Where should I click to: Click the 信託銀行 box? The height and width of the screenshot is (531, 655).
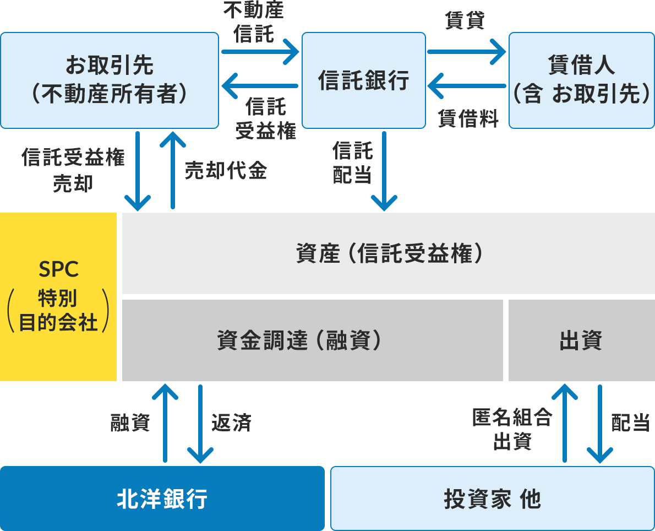[x=364, y=80]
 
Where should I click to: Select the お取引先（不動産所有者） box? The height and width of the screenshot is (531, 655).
[x=110, y=80]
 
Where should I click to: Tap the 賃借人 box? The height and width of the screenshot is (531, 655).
[x=581, y=80]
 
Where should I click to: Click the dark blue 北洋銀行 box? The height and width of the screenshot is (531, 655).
[x=162, y=499]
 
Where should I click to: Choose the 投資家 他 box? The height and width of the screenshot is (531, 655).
[x=492, y=499]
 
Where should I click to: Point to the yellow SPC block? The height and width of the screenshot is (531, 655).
[x=58, y=297]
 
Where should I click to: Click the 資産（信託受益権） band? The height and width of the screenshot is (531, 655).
[x=388, y=253]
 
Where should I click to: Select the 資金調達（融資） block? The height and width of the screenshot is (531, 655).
[x=312, y=340]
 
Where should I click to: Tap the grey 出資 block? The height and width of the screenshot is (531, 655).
[x=581, y=340]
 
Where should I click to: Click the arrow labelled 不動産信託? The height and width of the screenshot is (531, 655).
[x=260, y=52]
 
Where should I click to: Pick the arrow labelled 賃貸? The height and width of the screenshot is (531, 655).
[x=466, y=52]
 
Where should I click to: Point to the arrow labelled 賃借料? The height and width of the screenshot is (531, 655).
[x=466, y=86]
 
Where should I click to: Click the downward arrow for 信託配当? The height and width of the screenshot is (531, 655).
[x=384, y=171]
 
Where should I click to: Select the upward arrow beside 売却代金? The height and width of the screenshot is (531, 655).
[x=173, y=171]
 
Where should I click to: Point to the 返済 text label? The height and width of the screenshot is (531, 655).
[x=231, y=423]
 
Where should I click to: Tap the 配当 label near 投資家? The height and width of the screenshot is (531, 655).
[x=631, y=423]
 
